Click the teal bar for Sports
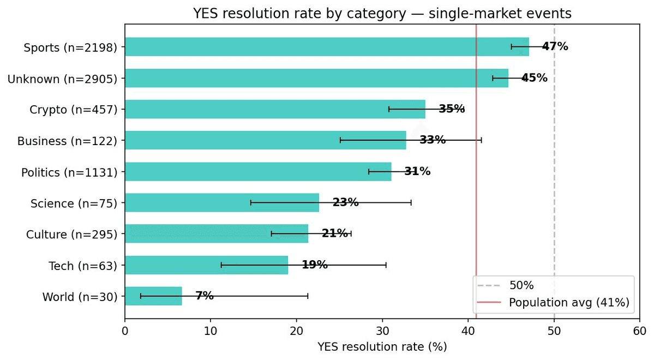[327, 47]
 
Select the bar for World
[153, 296]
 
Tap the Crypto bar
[275, 109]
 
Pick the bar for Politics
[258, 172]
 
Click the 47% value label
[555, 47]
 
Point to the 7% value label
[205, 296]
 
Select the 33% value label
[433, 140]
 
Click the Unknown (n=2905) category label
[63, 79]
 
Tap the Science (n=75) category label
[74, 203]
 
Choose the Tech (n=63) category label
[83, 266]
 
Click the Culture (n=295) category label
[72, 235]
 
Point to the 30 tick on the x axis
[382, 331]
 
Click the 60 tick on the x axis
[640, 331]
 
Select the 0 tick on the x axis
[125, 331]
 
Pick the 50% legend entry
[521, 285]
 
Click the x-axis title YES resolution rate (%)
[382, 347]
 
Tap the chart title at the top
[382, 14]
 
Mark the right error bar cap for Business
[481, 140]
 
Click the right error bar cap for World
[308, 296]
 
